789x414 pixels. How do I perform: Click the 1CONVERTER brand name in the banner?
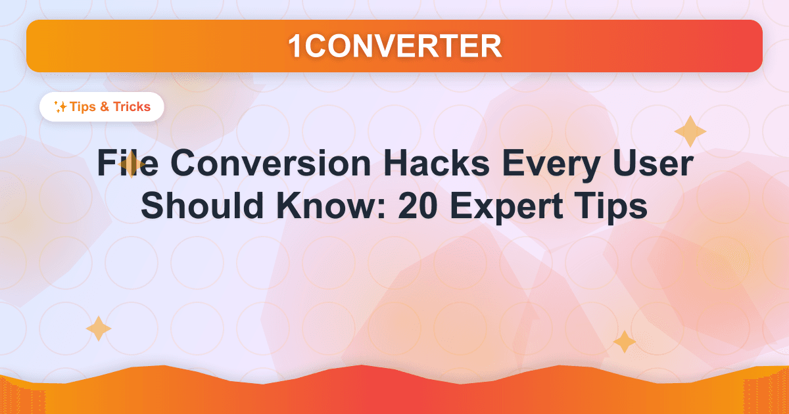[394, 45]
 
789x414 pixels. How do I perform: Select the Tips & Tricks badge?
[102, 106]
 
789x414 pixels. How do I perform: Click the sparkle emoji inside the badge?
[60, 107]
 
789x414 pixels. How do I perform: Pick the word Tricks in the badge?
[131, 106]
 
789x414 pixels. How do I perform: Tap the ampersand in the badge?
[104, 106]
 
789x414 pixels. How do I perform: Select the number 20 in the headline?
[419, 208]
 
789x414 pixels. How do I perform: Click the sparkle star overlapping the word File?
[132, 166]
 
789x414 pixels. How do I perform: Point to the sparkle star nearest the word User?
[690, 131]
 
